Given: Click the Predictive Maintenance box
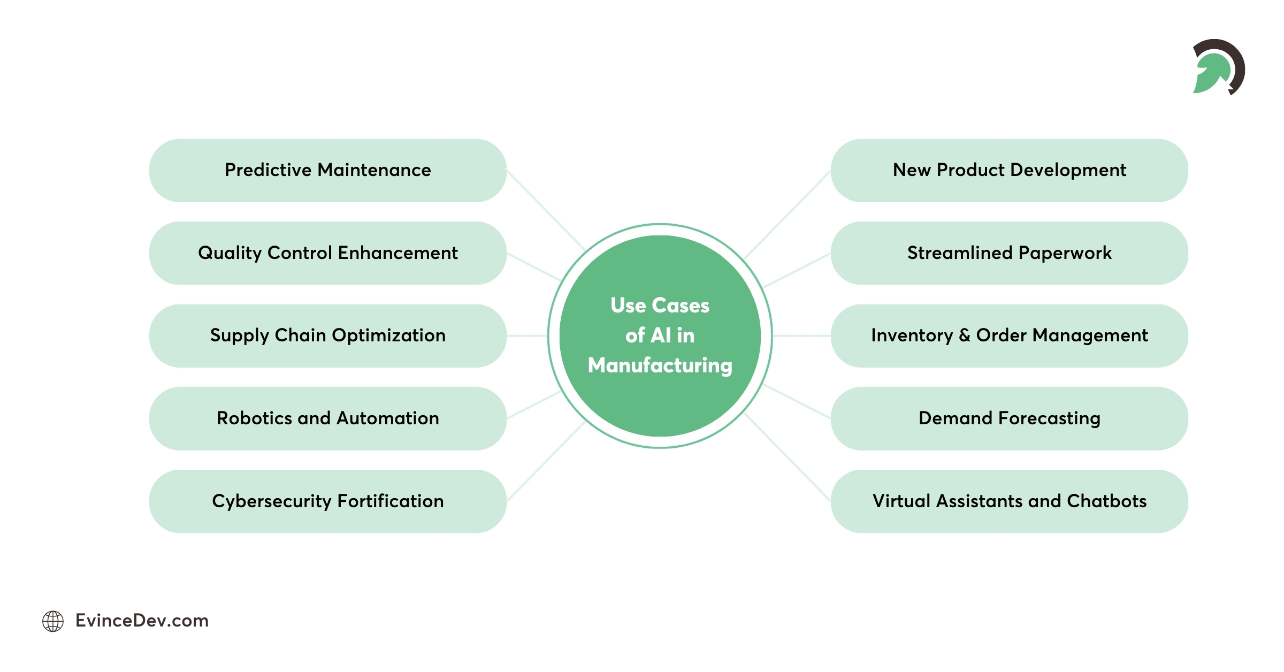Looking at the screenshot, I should coord(327,170).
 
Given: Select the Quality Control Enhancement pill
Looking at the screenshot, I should coord(327,253).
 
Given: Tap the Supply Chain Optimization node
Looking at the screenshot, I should coord(327,336).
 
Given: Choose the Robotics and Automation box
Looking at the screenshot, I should coord(327,418).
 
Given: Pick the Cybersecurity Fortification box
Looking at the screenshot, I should coord(327,501).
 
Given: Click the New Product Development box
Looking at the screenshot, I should coord(1009,170).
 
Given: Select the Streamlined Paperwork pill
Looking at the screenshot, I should coord(1009,253).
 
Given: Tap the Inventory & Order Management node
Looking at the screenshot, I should coord(1009,336).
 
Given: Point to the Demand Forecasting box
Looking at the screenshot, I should coord(1009,418).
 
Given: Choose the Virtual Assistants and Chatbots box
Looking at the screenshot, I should coord(1009,501).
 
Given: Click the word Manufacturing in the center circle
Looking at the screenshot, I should coord(660,365).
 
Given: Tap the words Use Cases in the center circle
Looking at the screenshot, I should coord(660,306).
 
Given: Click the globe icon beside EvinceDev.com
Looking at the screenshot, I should coord(53,621).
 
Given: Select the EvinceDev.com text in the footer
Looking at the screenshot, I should coord(142,621).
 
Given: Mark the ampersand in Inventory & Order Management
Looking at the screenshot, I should coord(965,335).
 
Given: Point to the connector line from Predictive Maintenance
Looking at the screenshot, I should coord(546,210).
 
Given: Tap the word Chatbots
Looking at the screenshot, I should coord(1106,501).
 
